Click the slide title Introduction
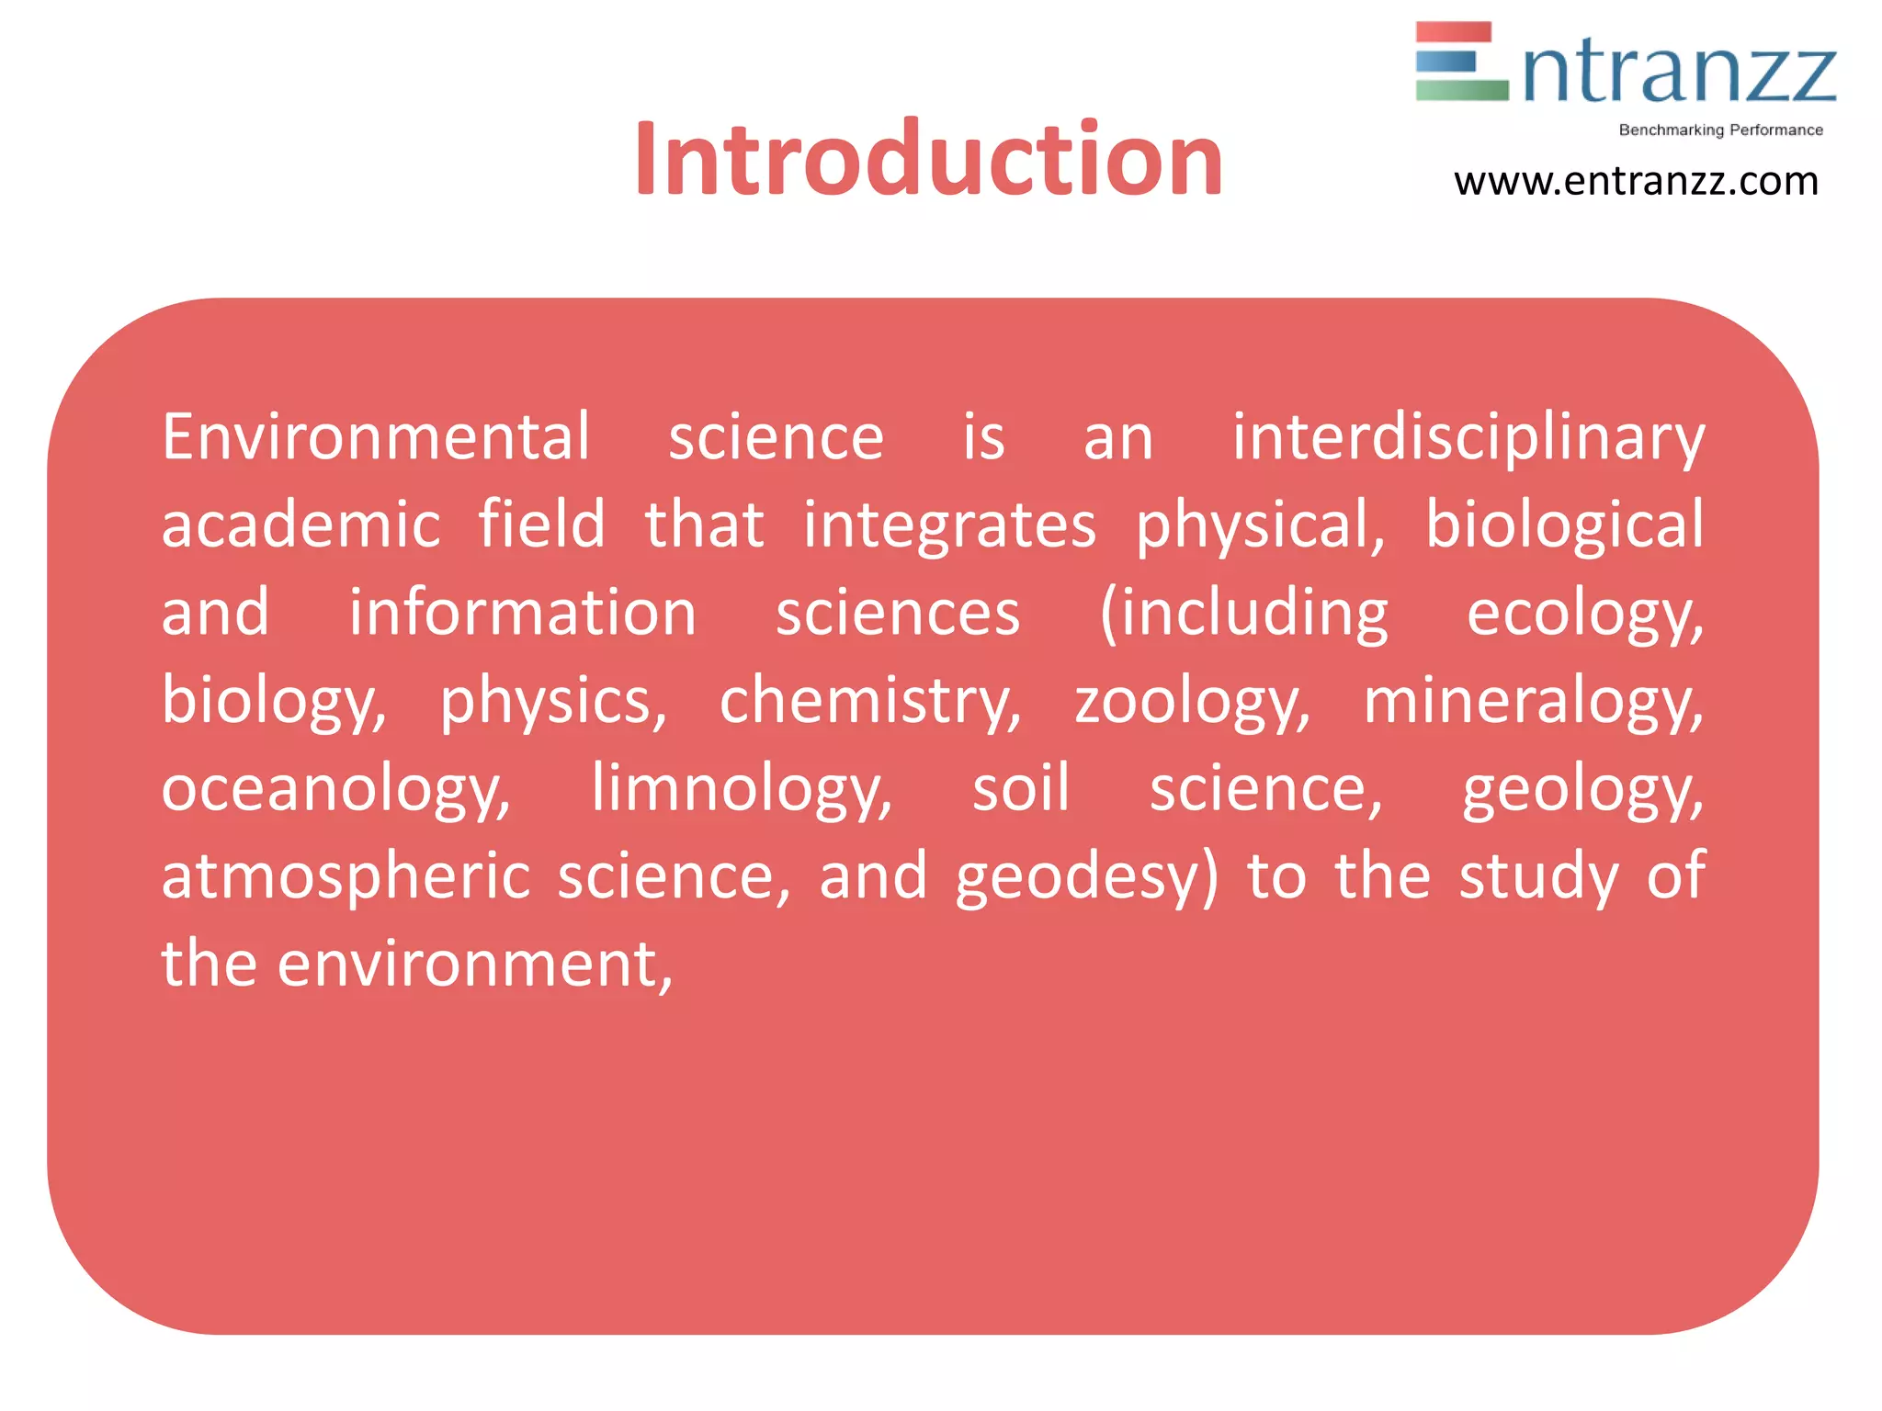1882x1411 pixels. click(x=928, y=160)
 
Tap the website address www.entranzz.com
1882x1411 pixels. click(x=1636, y=182)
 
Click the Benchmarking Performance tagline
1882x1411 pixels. click(x=1720, y=130)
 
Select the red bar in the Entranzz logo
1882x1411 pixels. click(x=1453, y=33)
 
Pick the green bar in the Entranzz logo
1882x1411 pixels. click(x=1461, y=90)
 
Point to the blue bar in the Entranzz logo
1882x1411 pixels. click(x=1446, y=62)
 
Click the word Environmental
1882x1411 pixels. click(x=376, y=437)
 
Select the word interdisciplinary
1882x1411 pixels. click(x=1468, y=439)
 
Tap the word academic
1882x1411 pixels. click(x=301, y=525)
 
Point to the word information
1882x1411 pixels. click(x=522, y=613)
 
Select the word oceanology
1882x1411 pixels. click(x=335, y=790)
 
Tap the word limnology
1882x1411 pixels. click(x=741, y=790)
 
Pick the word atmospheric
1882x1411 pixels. click(x=346, y=877)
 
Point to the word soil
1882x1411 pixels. click(x=1021, y=788)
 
